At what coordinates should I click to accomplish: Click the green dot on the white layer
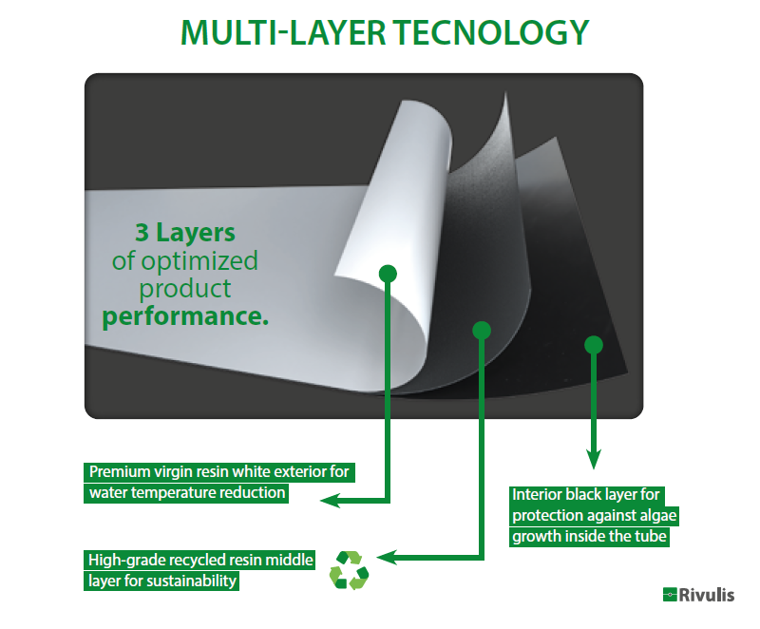pos(388,274)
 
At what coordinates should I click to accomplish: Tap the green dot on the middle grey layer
pos(482,330)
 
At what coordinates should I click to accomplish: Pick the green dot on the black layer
pos(594,344)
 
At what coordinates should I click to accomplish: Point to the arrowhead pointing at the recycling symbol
pos(385,558)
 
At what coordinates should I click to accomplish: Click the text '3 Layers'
pos(184,233)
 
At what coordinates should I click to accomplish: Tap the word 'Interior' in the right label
pos(537,494)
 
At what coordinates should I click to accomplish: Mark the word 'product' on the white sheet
pos(185,288)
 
